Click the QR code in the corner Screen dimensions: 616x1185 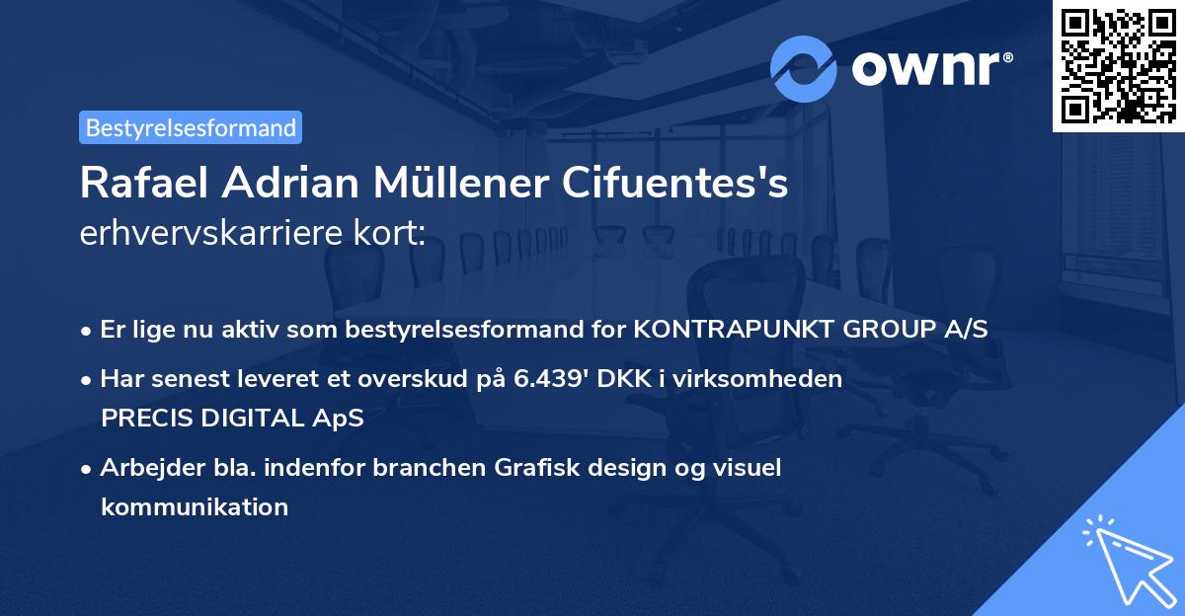[1119, 65]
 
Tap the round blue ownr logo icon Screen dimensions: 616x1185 [804, 68]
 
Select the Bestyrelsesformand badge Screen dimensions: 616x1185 [191, 127]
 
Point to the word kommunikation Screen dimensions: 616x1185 [195, 507]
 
